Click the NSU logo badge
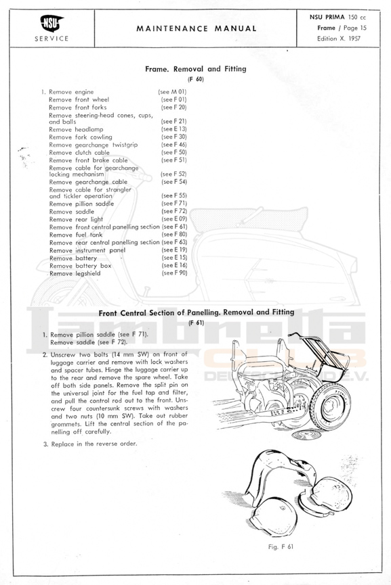52,24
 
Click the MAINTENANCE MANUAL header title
197,28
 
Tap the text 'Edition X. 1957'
339,39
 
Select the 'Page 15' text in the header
354,28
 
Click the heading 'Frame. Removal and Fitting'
195,69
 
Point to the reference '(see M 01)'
172,92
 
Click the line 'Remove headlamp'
76,129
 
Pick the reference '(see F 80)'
174,234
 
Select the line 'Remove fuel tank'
75,235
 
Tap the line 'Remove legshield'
75,273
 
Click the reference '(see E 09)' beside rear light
174,219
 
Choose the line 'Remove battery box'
81,266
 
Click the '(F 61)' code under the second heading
197,323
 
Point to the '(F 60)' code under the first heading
195,79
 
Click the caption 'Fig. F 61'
281,546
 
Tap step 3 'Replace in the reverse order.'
90,444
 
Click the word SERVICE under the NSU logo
52,39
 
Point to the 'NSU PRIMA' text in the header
327,17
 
